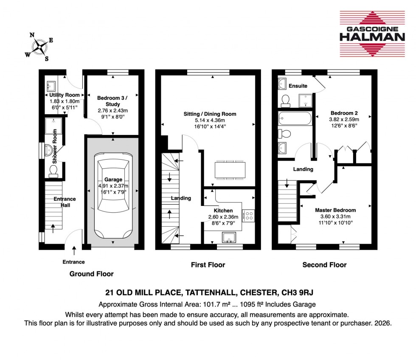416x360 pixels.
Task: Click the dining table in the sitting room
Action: click(x=229, y=170)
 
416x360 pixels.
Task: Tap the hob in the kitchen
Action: click(x=248, y=215)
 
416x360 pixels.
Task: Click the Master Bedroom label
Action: click(x=335, y=210)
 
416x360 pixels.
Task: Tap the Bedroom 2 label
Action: click(x=344, y=113)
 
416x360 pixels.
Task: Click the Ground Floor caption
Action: click(x=91, y=274)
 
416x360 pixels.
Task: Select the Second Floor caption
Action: click(x=324, y=265)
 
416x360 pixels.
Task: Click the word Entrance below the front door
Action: click(x=74, y=262)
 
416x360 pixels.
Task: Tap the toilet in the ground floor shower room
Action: click(x=53, y=170)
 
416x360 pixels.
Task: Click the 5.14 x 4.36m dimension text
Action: click(x=210, y=120)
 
